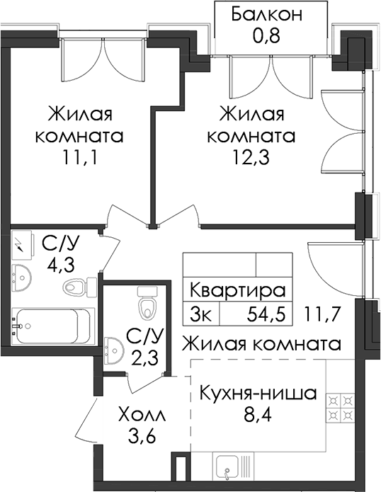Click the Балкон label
266,14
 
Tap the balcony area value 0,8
266,35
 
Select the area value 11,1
79,158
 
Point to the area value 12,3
251,158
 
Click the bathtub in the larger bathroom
52,326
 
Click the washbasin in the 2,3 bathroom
113,350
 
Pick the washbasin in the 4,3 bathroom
21,278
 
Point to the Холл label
142,416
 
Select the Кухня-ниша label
258,394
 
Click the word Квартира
238,290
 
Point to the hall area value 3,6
142,437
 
